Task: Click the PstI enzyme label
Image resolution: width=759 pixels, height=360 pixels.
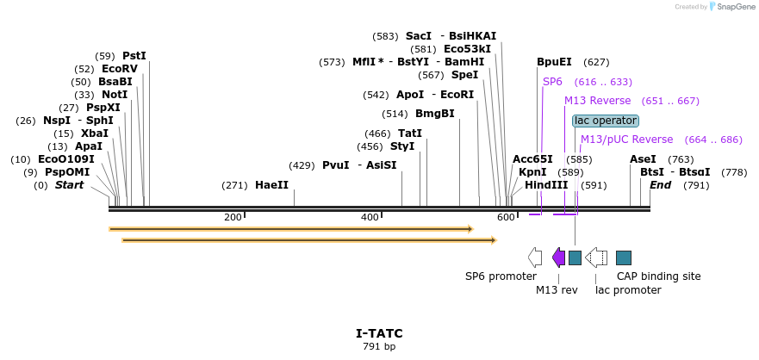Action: [134, 56]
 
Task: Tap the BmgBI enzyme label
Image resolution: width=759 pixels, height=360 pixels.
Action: [434, 114]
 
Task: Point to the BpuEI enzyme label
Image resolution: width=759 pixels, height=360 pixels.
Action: [554, 62]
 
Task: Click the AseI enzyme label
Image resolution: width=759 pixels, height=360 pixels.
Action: [643, 159]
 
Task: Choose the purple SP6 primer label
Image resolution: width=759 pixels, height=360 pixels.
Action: [552, 82]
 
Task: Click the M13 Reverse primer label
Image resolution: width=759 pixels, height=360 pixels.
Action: [598, 101]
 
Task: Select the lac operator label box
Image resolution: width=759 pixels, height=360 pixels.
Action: [606, 121]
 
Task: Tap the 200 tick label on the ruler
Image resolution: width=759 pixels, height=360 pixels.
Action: [233, 217]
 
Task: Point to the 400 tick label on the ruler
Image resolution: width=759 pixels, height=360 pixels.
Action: [370, 217]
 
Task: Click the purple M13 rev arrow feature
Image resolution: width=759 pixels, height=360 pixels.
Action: [558, 258]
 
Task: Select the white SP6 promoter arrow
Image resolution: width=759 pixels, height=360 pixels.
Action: [535, 258]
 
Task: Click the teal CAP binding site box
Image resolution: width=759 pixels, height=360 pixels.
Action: [624, 258]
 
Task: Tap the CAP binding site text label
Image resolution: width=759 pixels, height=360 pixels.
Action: [658, 276]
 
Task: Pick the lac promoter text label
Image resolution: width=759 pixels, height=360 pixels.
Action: [628, 290]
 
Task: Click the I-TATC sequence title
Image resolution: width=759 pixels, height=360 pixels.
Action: [379, 333]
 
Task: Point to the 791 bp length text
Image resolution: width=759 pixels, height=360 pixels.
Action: [379, 347]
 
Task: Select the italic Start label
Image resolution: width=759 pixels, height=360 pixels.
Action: [70, 185]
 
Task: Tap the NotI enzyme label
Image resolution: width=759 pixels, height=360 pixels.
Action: [114, 95]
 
